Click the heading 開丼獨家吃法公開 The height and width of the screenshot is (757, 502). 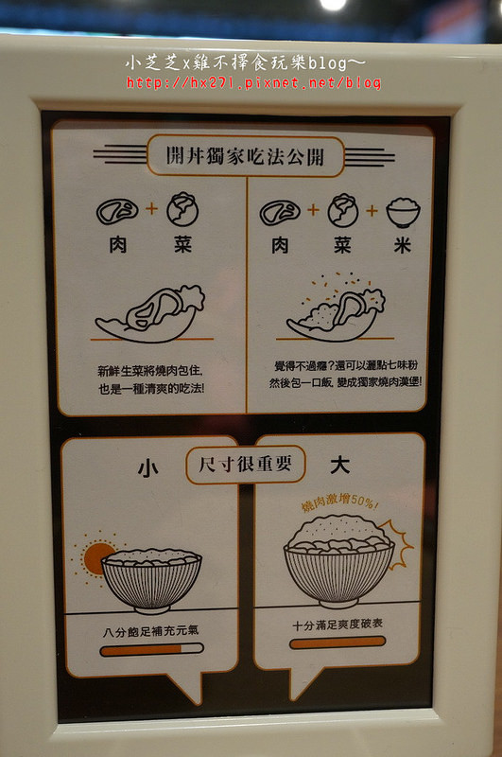click(245, 156)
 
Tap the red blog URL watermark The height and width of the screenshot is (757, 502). click(254, 82)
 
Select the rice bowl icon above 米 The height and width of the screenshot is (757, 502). click(403, 211)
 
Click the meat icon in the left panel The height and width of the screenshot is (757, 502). click(117, 211)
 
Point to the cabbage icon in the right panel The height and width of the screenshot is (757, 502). click(343, 210)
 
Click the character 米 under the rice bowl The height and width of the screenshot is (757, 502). click(402, 245)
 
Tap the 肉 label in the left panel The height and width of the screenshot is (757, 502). click(118, 245)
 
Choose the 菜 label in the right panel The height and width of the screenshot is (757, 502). click(342, 245)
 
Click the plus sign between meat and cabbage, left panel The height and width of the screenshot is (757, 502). click(152, 208)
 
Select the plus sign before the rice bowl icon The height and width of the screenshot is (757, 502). click(372, 210)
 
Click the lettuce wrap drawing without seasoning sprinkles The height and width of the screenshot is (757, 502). click(150, 314)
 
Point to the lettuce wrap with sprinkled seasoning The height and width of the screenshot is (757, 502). click(337, 308)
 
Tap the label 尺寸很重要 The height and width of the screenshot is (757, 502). click(246, 465)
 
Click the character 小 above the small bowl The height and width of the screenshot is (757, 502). click(148, 467)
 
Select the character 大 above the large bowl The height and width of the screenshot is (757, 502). click(339, 466)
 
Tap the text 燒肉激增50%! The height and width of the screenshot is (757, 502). click(339, 502)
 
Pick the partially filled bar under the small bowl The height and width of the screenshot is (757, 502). click(151, 650)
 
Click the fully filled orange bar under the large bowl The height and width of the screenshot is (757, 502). click(338, 643)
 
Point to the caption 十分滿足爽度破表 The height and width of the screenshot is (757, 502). click(338, 625)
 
